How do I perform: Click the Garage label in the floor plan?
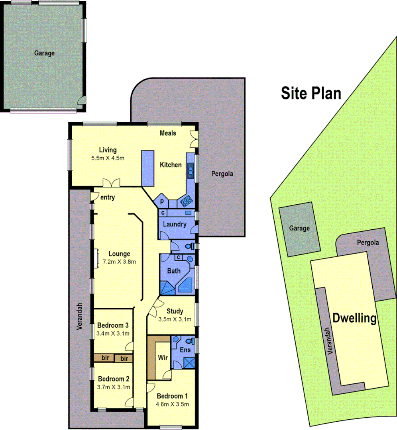[x=44, y=53]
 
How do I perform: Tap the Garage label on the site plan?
[x=299, y=228]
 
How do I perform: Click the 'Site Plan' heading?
[x=311, y=93]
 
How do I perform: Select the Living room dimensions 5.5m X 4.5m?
[x=108, y=158]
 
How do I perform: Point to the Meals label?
[x=168, y=133]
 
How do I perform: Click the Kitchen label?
[x=171, y=165]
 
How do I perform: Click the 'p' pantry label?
[x=162, y=201]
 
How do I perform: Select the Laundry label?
[x=175, y=224]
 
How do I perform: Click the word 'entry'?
[x=108, y=197]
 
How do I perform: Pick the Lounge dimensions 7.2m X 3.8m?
[x=120, y=262]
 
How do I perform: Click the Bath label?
[x=173, y=271]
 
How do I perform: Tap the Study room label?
[x=175, y=311]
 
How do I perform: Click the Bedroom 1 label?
[x=172, y=396]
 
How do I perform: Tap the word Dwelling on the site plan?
[x=354, y=318]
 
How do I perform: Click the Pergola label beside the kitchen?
[x=222, y=174]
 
